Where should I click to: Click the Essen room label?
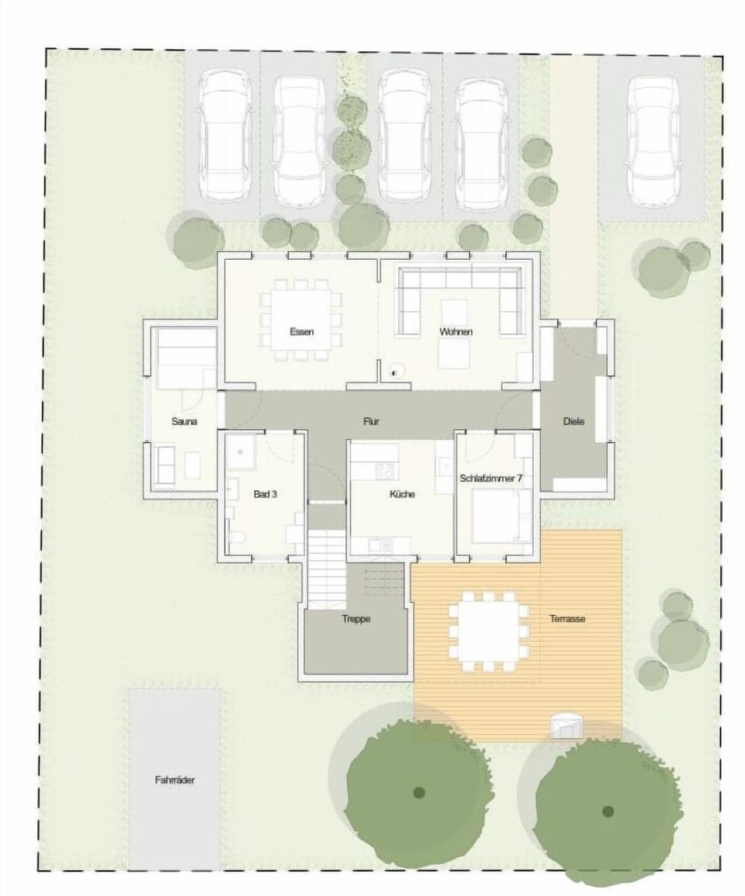301,332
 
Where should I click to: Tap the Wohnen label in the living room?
456,332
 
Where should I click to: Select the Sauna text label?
184,422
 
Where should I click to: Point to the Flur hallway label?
371,422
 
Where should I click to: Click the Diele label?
573,421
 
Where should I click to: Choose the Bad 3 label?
265,493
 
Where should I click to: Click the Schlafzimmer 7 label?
490,479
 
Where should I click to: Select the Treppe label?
356,619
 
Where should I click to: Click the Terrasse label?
567,619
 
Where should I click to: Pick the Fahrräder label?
175,780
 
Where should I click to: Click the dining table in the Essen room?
300,320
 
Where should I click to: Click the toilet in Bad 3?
237,538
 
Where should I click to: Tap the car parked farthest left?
223,138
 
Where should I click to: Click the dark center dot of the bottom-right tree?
608,811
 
